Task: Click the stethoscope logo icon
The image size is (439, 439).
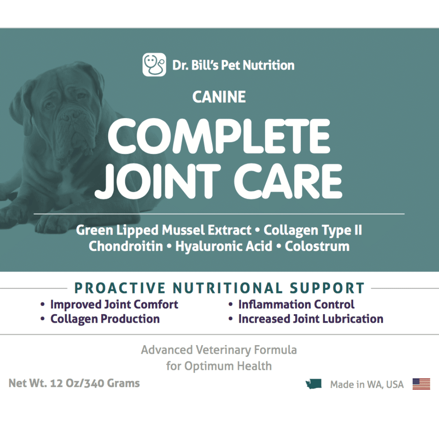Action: click(x=154, y=65)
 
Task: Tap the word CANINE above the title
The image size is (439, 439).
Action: click(x=219, y=97)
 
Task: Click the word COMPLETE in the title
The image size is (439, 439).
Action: click(x=219, y=136)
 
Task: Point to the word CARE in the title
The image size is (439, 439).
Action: click(x=288, y=181)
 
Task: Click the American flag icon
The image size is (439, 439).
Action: click(x=421, y=384)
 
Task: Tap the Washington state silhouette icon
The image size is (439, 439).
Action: click(x=314, y=384)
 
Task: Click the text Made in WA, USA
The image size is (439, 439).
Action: click(x=367, y=385)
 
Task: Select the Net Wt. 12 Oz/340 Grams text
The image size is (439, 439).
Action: click(x=74, y=383)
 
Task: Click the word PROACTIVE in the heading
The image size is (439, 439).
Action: click(x=120, y=288)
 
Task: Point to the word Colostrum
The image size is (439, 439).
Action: click(x=317, y=246)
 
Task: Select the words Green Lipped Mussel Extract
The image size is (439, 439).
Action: click(x=164, y=230)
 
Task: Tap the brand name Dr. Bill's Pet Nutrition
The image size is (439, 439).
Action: click(x=233, y=65)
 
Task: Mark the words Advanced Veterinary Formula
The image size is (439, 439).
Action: click(x=219, y=350)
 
